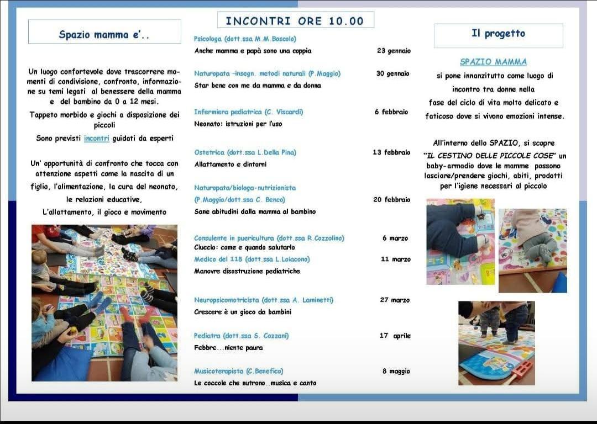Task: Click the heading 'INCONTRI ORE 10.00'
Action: click(x=295, y=21)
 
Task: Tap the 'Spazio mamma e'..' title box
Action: click(x=104, y=34)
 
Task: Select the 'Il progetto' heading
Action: click(x=498, y=34)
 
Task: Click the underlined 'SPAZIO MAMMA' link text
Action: click(x=493, y=62)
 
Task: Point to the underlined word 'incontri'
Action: click(x=97, y=139)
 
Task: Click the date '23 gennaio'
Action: click(x=394, y=51)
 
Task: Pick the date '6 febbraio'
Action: click(x=391, y=112)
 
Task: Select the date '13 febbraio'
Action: click(x=391, y=152)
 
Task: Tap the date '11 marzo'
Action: click(x=395, y=259)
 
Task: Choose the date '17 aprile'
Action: click(x=395, y=336)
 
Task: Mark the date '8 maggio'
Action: click(x=396, y=372)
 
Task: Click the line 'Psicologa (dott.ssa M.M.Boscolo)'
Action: click(x=245, y=39)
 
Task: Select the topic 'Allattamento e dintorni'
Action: click(x=230, y=165)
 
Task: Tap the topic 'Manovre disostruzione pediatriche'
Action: click(x=247, y=272)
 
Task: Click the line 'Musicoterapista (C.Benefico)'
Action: click(x=238, y=371)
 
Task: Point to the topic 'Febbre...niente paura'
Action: click(x=228, y=348)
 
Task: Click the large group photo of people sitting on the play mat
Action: click(x=104, y=303)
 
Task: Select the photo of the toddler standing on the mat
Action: click(x=496, y=342)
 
